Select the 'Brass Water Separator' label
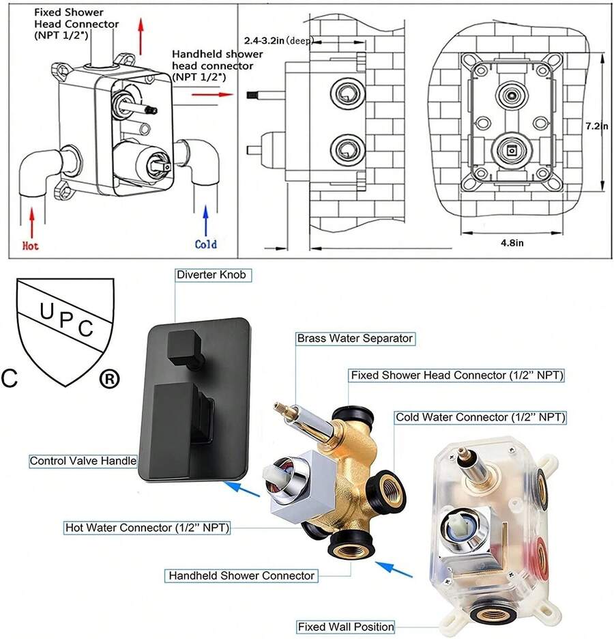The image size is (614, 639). coord(355,338)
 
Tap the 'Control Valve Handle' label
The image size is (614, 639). coord(83,461)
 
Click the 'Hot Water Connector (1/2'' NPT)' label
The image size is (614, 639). coord(147,527)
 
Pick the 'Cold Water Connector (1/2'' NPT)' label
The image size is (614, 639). coord(480,416)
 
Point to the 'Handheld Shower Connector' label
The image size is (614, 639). coord(242,576)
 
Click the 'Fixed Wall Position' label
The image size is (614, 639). coord(346,626)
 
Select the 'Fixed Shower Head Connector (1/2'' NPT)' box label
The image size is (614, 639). coord(458,375)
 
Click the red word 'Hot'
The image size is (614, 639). coord(31,245)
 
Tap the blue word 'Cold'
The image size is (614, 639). coord(205,244)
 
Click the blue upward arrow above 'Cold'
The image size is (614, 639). coord(206,220)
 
